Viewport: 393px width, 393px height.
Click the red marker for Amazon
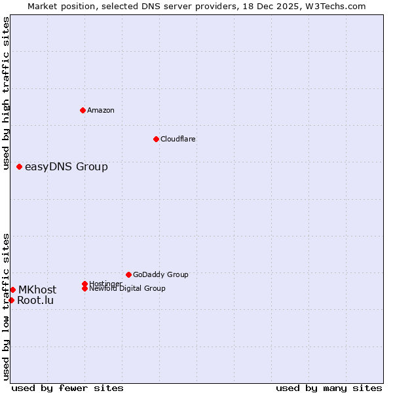(x=83, y=110)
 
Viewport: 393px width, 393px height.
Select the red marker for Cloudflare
(x=156, y=139)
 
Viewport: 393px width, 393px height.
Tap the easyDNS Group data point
(x=20, y=166)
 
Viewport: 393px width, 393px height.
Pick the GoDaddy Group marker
(x=128, y=274)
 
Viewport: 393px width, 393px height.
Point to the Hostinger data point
(x=85, y=284)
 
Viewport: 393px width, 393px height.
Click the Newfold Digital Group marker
(x=85, y=288)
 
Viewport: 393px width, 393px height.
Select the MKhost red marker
(x=12, y=290)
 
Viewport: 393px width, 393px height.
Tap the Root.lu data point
(x=11, y=300)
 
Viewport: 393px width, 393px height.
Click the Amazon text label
(x=100, y=110)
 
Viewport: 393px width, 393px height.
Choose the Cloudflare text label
(x=178, y=139)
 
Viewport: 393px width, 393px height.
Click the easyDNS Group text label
(x=66, y=166)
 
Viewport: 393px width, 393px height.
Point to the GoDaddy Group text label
(x=160, y=274)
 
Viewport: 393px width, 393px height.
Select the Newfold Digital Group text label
(x=127, y=288)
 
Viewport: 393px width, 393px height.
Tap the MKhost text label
(x=37, y=290)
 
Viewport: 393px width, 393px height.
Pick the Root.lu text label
(x=35, y=300)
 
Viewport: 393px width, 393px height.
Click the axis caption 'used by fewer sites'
(x=67, y=388)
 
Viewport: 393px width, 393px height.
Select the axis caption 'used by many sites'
(x=329, y=388)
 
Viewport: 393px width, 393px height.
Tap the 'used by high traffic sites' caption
(x=7, y=93)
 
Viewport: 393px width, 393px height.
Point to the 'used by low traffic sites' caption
(x=7, y=307)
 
